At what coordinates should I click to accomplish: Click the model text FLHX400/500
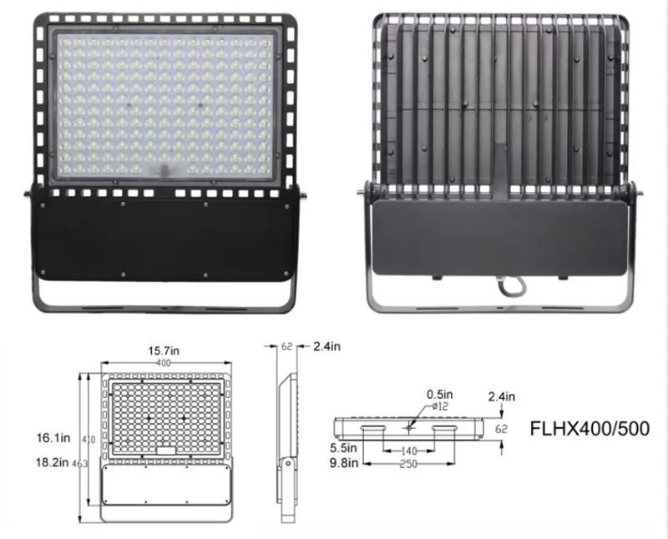point(590,428)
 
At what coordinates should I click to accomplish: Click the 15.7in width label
point(164,350)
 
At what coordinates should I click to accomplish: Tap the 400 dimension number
point(164,363)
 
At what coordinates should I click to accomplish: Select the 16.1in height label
point(53,438)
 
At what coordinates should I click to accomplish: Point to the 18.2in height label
point(53,462)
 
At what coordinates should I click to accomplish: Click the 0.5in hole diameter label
point(440,395)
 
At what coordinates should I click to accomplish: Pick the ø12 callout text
point(440,406)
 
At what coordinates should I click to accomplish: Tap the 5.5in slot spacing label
point(343,448)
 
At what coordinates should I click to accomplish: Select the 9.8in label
point(344,462)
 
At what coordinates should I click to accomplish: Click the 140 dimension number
point(409,451)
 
